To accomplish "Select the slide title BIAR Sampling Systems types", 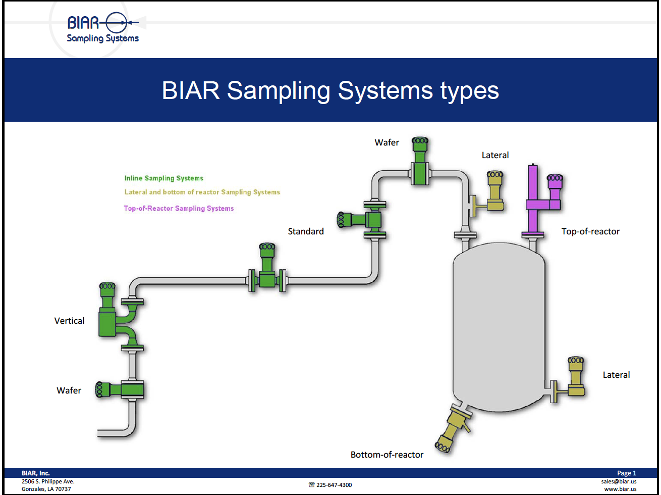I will pyautogui.click(x=330, y=91).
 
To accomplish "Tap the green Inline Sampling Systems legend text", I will pyautogui.click(x=164, y=178).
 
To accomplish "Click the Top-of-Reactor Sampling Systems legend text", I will pyautogui.click(x=179, y=208).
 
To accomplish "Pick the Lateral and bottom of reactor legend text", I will pyautogui.click(x=202, y=192).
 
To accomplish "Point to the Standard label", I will pyautogui.click(x=306, y=231).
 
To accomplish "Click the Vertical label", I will pyautogui.click(x=70, y=321).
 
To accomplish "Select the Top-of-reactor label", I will pyautogui.click(x=590, y=231).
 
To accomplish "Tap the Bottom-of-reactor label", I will pyautogui.click(x=387, y=455).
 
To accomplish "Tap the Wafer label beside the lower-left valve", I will pyautogui.click(x=69, y=390).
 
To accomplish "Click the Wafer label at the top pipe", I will pyautogui.click(x=387, y=142).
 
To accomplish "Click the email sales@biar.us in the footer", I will pyautogui.click(x=619, y=481).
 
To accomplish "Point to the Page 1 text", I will pyautogui.click(x=627, y=473).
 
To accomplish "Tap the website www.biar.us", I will pyautogui.click(x=620, y=489).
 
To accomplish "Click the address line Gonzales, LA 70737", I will pyautogui.click(x=46, y=489).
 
